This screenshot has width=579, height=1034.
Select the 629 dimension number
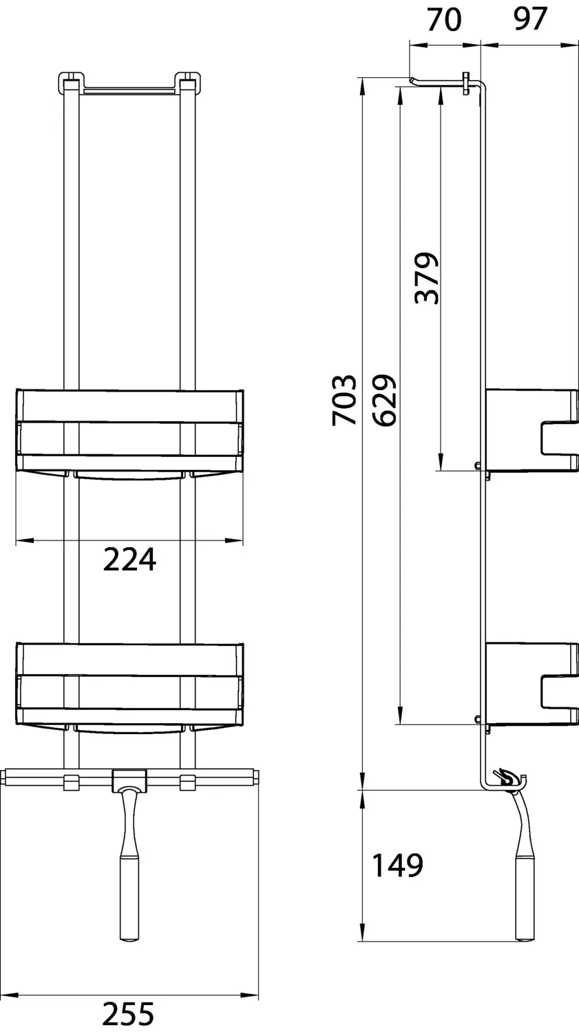[x=383, y=400]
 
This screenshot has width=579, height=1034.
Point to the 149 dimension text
[x=397, y=865]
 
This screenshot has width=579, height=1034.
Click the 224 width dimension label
[x=129, y=560]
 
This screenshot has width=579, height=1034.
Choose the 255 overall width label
[x=129, y=1014]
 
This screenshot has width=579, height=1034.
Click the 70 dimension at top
[x=444, y=20]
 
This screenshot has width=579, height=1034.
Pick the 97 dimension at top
[x=529, y=20]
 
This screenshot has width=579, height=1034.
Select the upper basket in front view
[x=129, y=433]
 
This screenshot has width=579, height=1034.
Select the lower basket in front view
[x=129, y=687]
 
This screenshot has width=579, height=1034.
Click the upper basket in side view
[x=530, y=431]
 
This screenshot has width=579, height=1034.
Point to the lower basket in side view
[x=530, y=684]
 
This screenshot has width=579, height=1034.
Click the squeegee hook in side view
[x=507, y=778]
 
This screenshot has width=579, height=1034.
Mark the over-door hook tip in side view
[x=413, y=81]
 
